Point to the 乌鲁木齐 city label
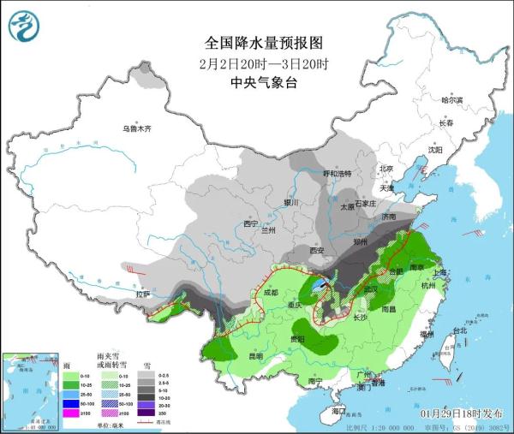click(135, 128)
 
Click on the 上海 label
click(443, 273)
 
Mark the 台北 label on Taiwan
click(459, 330)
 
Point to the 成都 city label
click(271, 292)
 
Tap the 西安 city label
click(319, 250)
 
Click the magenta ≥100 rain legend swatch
click(60, 415)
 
